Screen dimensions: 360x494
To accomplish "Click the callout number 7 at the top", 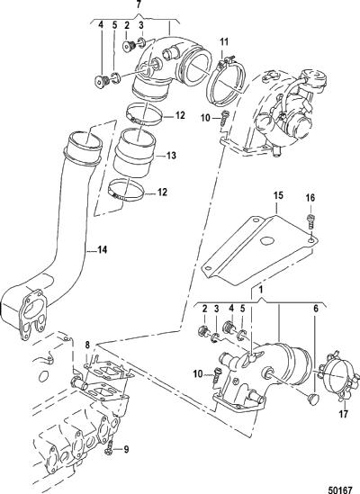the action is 139,4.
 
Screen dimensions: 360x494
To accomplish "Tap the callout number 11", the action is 224,41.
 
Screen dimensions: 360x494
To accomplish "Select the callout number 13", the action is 171,156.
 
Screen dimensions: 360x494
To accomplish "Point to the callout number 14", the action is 102,250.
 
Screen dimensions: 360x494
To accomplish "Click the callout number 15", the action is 278,195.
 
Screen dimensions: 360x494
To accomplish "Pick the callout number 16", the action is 310,198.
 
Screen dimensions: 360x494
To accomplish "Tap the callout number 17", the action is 344,413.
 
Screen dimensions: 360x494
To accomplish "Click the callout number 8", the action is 87,345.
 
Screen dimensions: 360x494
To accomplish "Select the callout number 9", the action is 126,449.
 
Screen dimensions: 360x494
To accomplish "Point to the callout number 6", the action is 316,309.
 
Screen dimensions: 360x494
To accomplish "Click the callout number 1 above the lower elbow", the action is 261,289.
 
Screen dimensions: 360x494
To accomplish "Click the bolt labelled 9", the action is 109,449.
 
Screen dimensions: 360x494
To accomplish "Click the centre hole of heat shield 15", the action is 266,240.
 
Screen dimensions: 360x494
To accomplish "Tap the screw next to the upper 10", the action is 224,117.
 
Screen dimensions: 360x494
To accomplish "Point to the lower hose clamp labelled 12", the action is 127,191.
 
